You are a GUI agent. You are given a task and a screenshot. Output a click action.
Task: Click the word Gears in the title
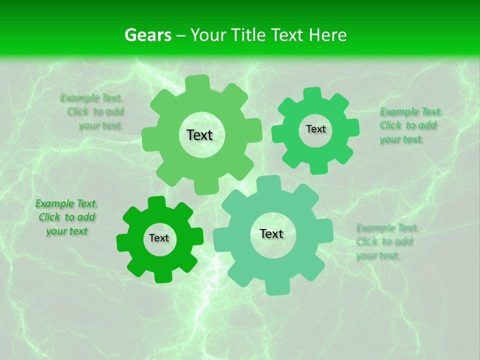click(x=147, y=35)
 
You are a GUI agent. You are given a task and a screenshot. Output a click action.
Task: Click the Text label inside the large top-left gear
click(x=199, y=135)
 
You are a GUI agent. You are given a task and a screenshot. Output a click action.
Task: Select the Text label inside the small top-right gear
click(x=315, y=129)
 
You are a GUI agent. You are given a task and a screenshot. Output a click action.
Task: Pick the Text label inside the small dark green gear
click(x=159, y=238)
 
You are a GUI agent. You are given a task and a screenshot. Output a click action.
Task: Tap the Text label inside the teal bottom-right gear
click(x=271, y=234)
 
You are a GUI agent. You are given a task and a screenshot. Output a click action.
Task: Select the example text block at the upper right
click(x=410, y=125)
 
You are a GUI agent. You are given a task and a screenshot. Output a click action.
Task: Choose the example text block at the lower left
click(x=66, y=217)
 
